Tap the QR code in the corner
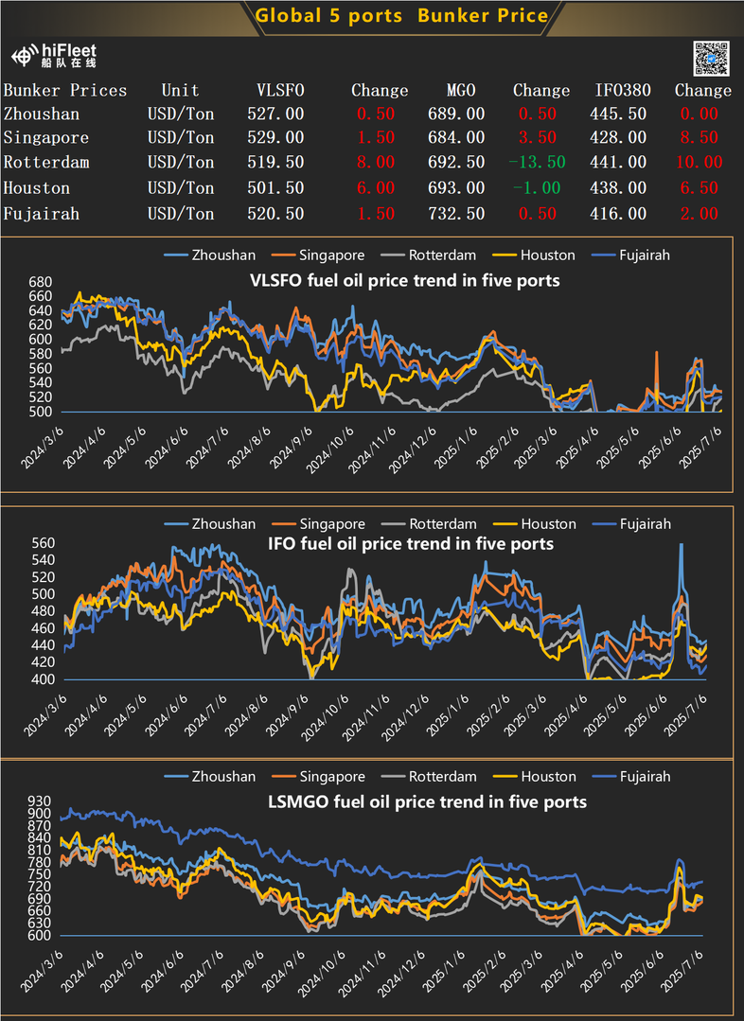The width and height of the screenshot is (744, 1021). (712, 59)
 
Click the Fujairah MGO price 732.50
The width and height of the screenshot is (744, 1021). (457, 214)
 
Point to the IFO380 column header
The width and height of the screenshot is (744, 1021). (622, 91)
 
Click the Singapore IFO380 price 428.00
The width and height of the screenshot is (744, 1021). (621, 138)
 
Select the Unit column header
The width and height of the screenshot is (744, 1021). (180, 91)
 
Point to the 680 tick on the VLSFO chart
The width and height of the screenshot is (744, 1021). (40, 283)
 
